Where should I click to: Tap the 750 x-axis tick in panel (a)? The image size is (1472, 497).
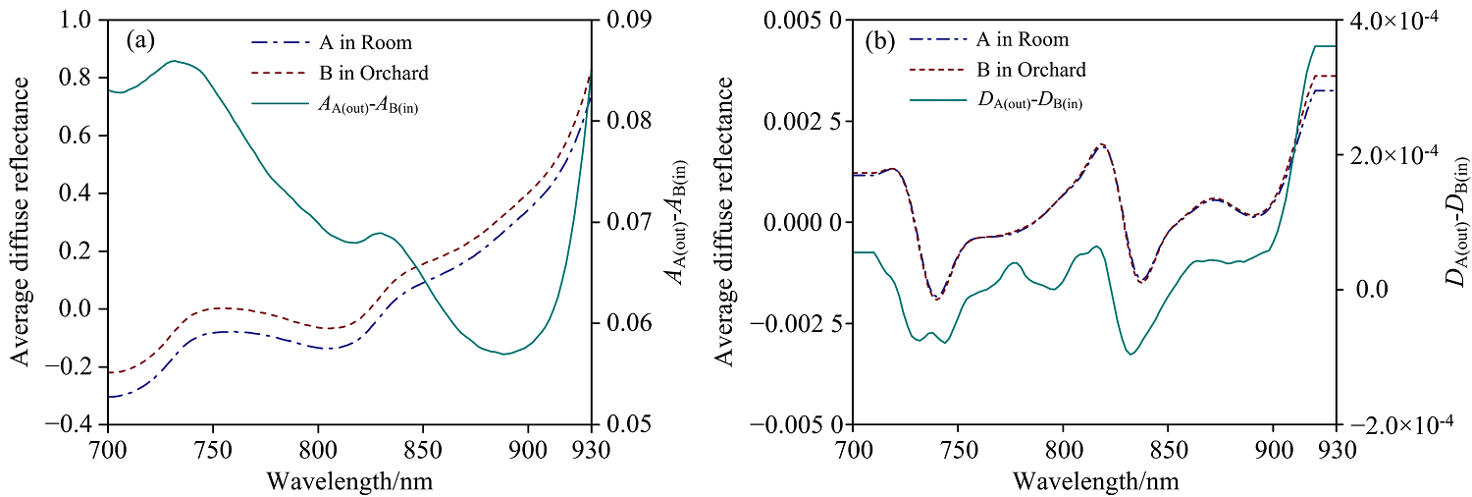[x=213, y=450]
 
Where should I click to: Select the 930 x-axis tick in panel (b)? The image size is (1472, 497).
[x=1337, y=450]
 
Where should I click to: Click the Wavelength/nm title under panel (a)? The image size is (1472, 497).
[x=349, y=481]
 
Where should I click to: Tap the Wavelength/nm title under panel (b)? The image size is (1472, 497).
[x=1095, y=481]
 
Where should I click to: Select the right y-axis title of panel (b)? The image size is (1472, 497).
[x=1455, y=221]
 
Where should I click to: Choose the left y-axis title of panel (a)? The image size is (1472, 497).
[x=21, y=221]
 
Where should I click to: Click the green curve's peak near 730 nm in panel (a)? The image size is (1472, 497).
[x=174, y=61]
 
